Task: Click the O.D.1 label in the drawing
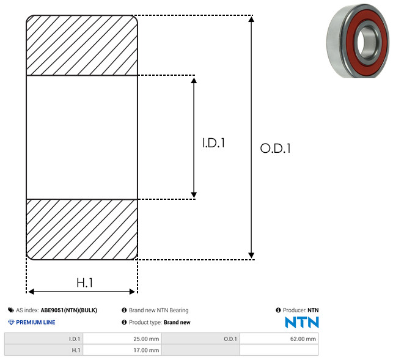pos(276,149)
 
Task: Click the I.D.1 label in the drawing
pos(213,143)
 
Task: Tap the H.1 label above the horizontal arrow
pos(85,283)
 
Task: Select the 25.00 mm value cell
pos(122,339)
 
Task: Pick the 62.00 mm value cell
pos(279,339)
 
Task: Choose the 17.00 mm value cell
pos(122,350)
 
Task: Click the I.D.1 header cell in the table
pos(43,339)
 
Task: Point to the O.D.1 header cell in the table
pos(200,339)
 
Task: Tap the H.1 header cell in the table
pos(43,350)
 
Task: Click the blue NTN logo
pos(302,322)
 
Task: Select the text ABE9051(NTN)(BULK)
pos(69,310)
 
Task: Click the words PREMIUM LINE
pos(35,322)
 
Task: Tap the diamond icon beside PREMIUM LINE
pos(11,322)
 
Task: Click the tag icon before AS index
pos(11,310)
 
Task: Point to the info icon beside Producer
pos(278,310)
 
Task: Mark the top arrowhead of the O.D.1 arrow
pos(251,19)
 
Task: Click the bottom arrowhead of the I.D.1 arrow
pos(194,195)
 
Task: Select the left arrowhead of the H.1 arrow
pos(31,292)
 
